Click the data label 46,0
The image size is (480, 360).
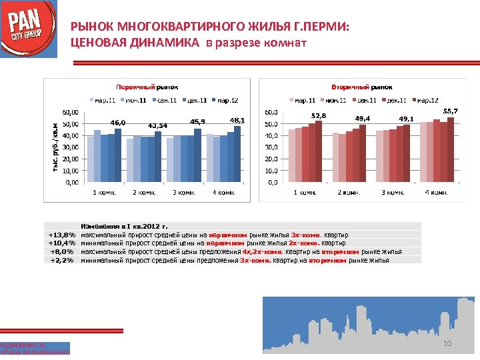coord(118,123)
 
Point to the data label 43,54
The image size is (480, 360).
coord(157,125)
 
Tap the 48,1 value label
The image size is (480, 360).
coord(237,120)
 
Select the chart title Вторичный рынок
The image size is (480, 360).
coord(361,87)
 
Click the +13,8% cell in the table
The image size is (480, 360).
coord(62,235)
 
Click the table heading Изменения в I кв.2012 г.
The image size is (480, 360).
coord(124,227)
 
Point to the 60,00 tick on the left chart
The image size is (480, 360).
coord(69,112)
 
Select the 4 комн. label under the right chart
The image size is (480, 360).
coord(436,192)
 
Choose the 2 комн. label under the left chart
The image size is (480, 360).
coord(144,192)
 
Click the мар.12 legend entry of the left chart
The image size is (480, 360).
coord(225,100)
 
